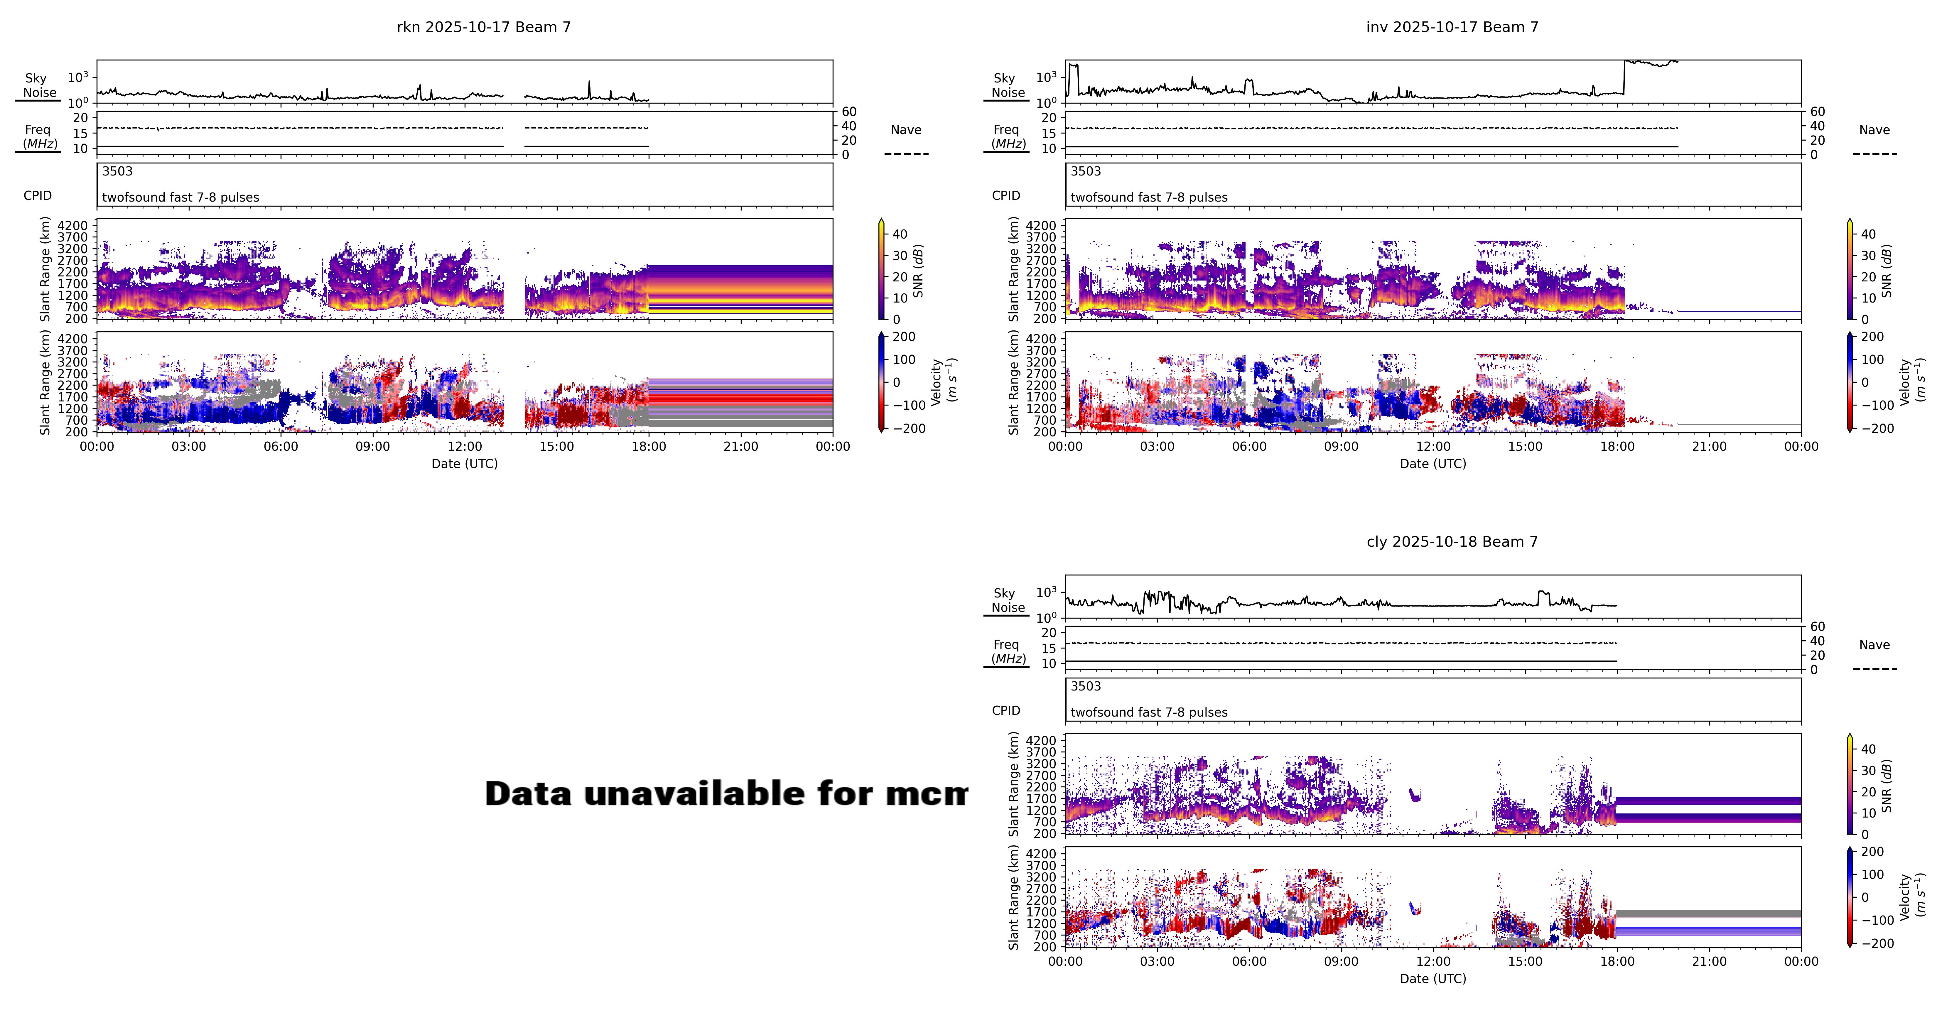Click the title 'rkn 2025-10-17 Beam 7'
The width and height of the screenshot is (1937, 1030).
coord(483,27)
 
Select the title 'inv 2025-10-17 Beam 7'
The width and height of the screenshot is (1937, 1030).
coord(1452,27)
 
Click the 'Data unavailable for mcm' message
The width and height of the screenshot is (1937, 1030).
coord(725,794)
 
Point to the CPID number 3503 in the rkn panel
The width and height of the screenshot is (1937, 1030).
coord(117,171)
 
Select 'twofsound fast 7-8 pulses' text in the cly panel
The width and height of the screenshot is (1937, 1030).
coord(1148,712)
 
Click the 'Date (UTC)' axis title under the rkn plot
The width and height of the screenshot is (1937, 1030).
coord(464,464)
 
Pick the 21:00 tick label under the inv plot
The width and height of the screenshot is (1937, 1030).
coord(1709,447)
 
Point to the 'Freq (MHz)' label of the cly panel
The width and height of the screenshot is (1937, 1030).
coord(1007,651)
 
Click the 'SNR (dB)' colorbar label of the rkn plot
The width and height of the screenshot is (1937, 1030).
coord(918,271)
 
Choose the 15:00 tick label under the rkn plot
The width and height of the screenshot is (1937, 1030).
coord(556,447)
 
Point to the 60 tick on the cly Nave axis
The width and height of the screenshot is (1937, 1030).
coord(1818,626)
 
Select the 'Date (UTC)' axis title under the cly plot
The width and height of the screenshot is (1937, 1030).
coord(1432,979)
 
